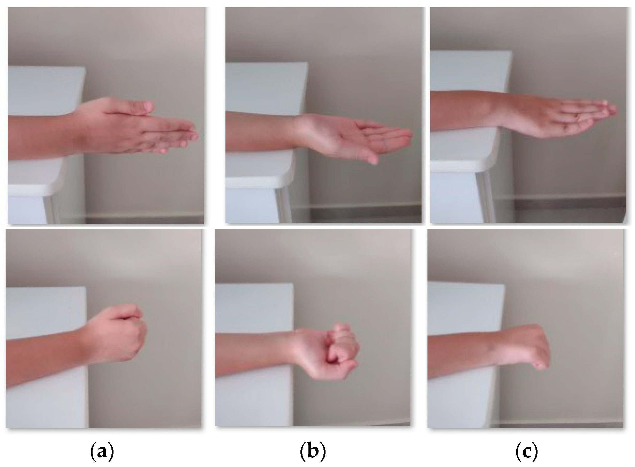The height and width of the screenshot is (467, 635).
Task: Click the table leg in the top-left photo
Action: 51,209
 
